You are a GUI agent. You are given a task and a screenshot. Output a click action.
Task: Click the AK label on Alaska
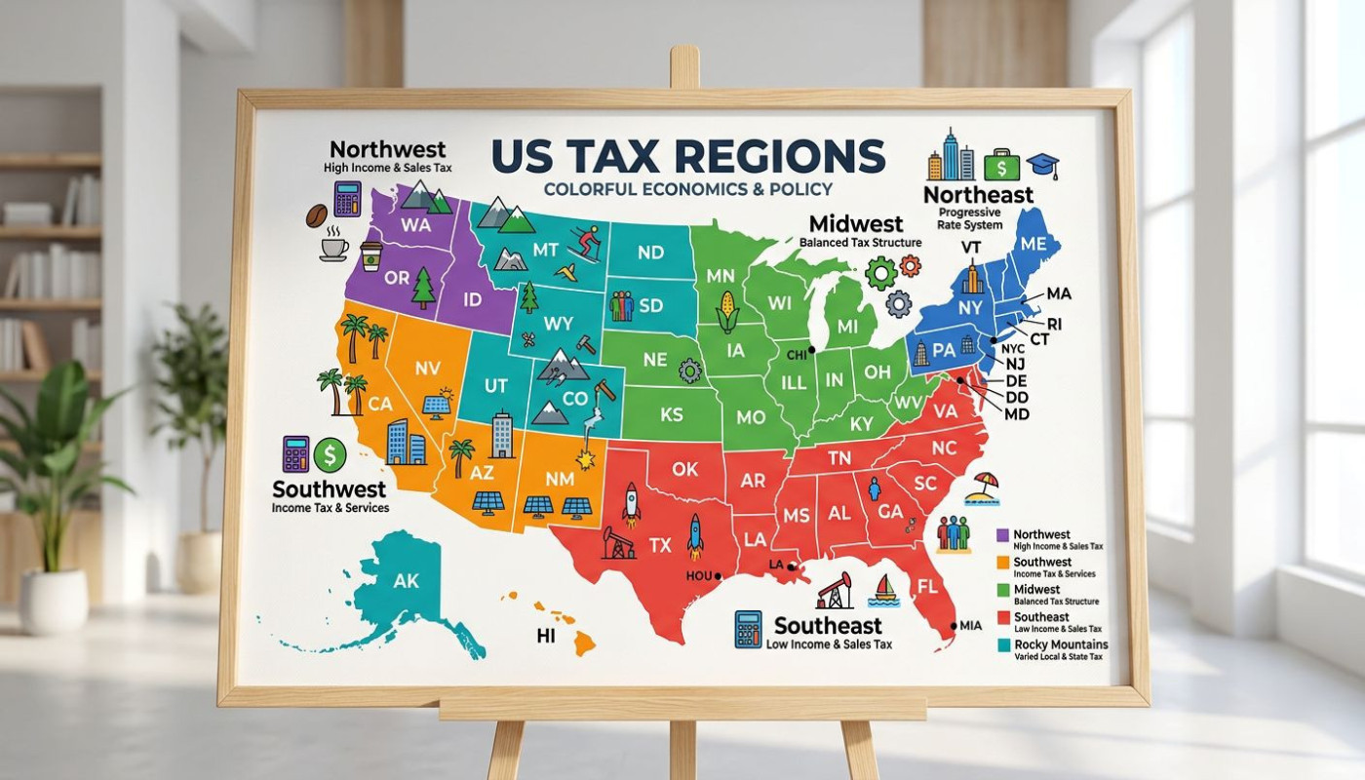coord(406,581)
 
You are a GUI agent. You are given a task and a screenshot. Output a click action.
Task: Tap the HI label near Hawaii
coord(546,636)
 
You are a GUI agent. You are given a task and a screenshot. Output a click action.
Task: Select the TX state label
coord(660,546)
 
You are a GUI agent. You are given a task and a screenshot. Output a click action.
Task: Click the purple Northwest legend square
coord(1001,535)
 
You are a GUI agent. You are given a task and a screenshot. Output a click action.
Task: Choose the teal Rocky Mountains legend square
coord(1001,645)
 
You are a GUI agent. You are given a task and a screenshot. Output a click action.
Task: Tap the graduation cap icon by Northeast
coord(1043,163)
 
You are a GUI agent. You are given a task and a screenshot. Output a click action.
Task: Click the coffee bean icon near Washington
coord(316,215)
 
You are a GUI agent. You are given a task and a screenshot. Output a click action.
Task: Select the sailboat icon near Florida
coord(885,588)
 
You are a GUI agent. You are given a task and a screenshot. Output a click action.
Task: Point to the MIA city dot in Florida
coord(953,626)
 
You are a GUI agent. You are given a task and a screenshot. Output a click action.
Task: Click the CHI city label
coord(797,355)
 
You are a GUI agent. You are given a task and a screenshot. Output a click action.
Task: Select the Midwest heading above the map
coord(857,223)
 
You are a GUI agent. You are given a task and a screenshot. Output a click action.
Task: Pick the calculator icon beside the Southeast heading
coord(749,629)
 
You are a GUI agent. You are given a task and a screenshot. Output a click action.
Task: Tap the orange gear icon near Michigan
coord(910,264)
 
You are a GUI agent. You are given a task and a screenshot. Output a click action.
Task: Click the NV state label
coord(428,369)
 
